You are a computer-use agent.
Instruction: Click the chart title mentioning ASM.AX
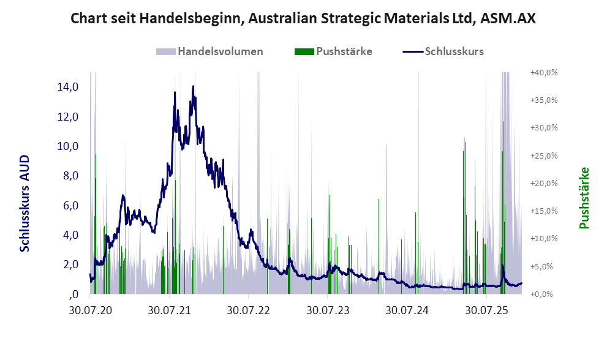pyautogui.click(x=303, y=18)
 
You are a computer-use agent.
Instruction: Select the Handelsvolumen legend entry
pyautogui.click(x=221, y=51)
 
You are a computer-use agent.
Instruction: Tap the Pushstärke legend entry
pyautogui.click(x=344, y=51)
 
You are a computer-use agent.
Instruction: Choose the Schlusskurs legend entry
pyautogui.click(x=454, y=51)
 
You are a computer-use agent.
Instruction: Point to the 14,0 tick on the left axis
pyautogui.click(x=67, y=87)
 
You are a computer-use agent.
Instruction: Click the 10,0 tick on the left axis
pyautogui.click(x=67, y=146)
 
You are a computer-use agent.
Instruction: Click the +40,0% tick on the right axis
pyautogui.click(x=543, y=72)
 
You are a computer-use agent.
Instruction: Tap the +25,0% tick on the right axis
pyautogui.click(x=543, y=156)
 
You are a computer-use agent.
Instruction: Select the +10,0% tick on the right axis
pyautogui.click(x=543, y=239)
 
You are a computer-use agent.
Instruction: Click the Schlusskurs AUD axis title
pyautogui.click(x=25, y=203)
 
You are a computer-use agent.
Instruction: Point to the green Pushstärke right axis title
pyautogui.click(x=584, y=198)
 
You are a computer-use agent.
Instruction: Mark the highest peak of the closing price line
pyautogui.click(x=193, y=86)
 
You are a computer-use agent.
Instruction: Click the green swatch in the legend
pyautogui.click(x=304, y=51)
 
